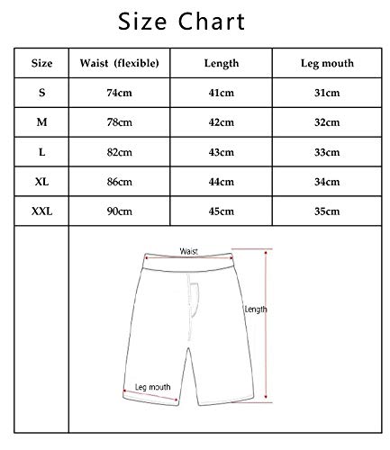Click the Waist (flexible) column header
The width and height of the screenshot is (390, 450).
[120, 63]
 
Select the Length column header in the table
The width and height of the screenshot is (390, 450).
[221, 63]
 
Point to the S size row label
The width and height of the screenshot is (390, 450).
[42, 93]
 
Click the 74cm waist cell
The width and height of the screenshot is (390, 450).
[120, 93]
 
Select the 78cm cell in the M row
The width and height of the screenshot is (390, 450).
[120, 122]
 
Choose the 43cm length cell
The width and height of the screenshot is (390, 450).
[221, 152]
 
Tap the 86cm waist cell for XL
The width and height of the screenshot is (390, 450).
[120, 182]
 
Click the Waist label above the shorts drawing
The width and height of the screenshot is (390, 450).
[188, 252]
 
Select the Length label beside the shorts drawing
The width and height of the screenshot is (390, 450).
[256, 310]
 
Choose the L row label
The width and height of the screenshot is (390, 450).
[42, 152]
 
